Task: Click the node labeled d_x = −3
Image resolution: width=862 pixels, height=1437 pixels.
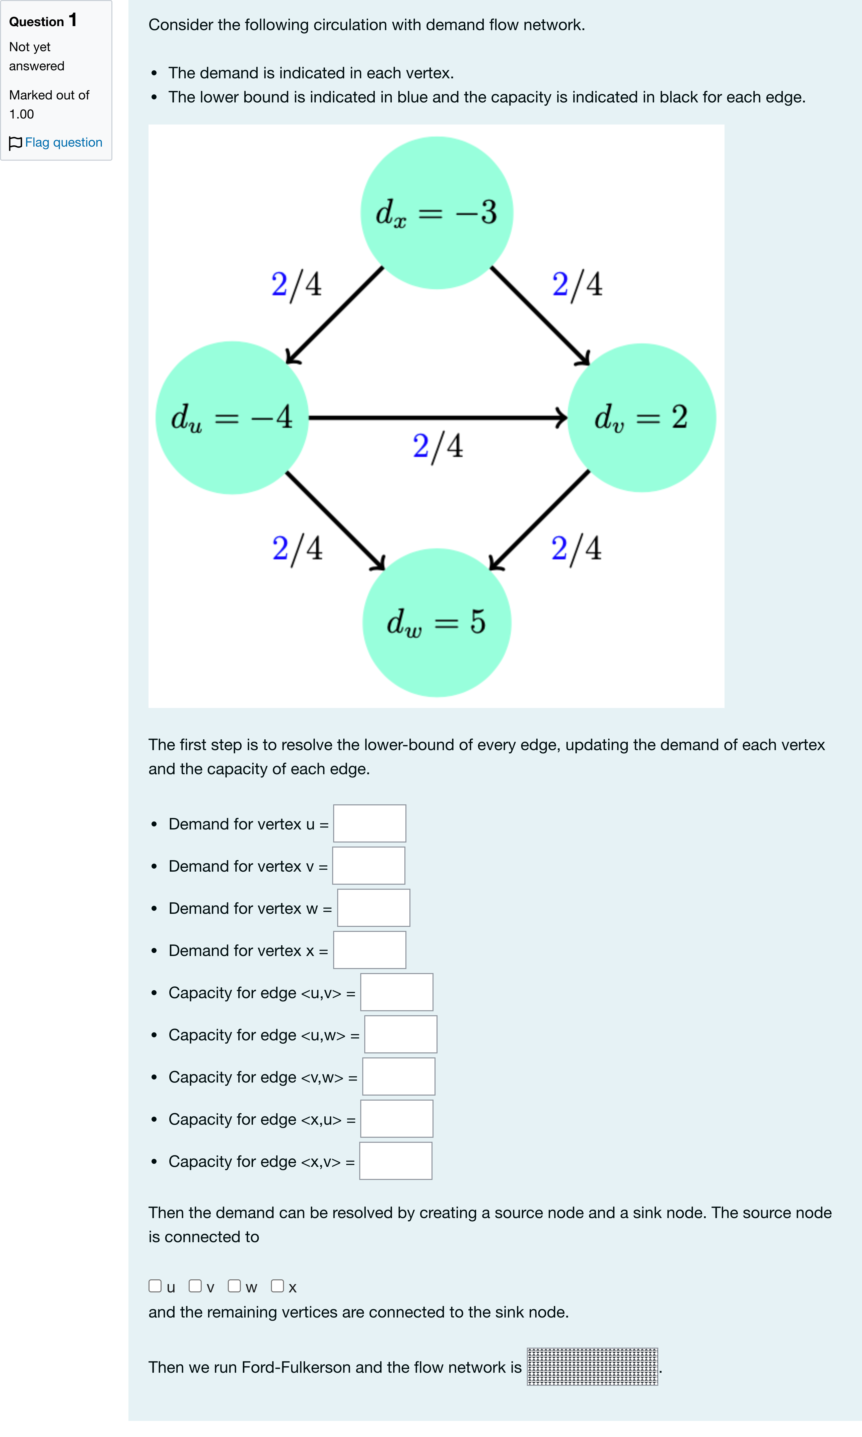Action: (x=437, y=213)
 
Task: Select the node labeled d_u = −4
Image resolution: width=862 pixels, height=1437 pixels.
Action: (x=232, y=418)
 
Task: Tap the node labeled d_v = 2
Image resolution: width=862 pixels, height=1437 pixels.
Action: (x=641, y=418)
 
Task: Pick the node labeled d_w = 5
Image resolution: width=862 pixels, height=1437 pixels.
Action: (x=437, y=622)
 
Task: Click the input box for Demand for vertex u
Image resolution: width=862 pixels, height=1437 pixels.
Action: (x=370, y=823)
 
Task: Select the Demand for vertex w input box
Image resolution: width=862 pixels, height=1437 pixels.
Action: (x=374, y=908)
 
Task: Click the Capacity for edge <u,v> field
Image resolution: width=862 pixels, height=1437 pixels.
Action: (x=397, y=992)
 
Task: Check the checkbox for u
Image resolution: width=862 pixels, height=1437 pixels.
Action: (x=155, y=1286)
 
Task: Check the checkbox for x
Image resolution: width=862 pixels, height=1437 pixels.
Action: (x=278, y=1286)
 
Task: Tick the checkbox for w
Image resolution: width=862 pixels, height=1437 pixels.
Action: (x=234, y=1286)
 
